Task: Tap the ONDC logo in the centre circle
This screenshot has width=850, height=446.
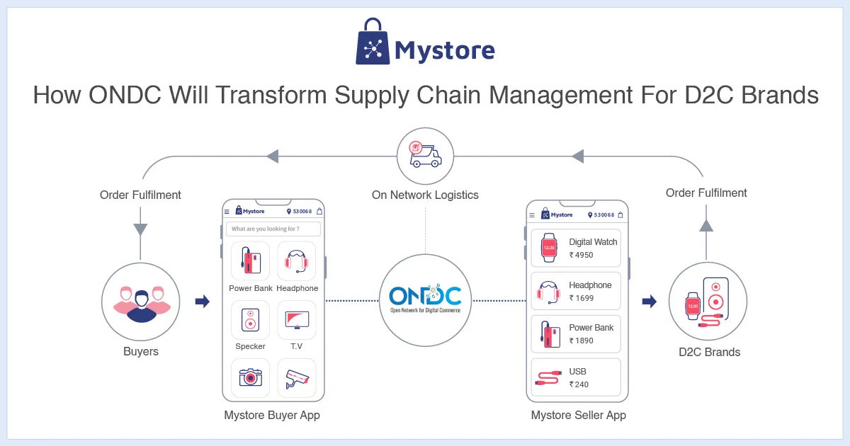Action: point(425,297)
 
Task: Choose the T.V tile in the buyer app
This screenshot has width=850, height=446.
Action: point(297,320)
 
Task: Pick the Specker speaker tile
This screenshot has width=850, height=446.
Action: point(250,320)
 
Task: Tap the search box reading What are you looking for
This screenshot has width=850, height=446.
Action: point(273,229)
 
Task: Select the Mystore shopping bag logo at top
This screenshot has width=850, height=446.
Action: point(373,42)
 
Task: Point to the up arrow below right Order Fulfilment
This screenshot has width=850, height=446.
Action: point(706,225)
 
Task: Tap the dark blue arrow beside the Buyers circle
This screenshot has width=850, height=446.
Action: point(203,302)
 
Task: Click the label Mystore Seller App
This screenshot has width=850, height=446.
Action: point(578,415)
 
